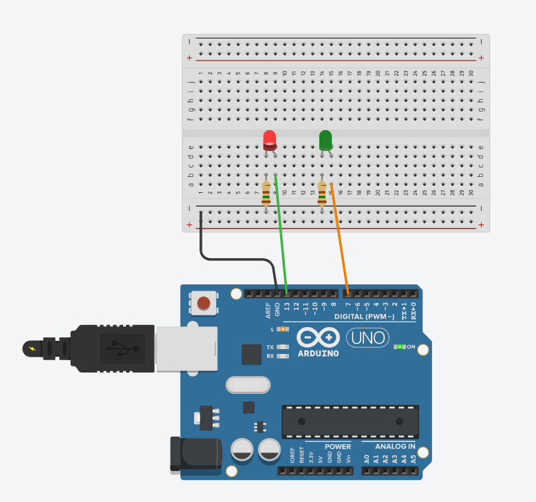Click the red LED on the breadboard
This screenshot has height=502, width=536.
pyautogui.click(x=270, y=140)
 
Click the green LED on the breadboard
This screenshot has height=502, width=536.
pyautogui.click(x=325, y=140)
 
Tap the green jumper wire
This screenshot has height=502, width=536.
pyautogui.click(x=281, y=234)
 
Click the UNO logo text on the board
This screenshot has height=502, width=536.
pyautogui.click(x=367, y=338)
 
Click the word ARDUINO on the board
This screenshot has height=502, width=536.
pyautogui.click(x=318, y=353)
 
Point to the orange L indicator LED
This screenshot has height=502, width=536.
pyautogui.click(x=283, y=330)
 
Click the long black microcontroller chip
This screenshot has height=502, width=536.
pyautogui.click(x=350, y=421)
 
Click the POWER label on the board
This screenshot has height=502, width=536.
pyautogui.click(x=338, y=446)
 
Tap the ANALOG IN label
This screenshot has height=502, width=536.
pyautogui.click(x=395, y=446)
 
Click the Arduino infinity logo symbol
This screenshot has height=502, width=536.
pyautogui.click(x=319, y=338)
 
